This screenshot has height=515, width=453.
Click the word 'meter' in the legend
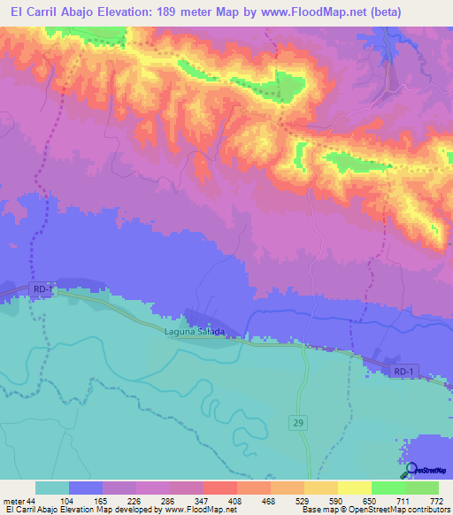tap(16, 500)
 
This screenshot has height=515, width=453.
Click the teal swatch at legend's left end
tap(52, 488)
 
